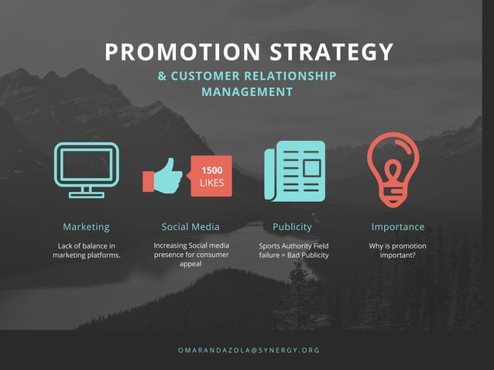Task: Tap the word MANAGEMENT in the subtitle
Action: pos(247,91)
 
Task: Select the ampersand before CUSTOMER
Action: pos(162,76)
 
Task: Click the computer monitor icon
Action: pos(86,170)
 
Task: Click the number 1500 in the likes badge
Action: pos(211,170)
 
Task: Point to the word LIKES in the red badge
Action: pos(211,183)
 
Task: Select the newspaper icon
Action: pos(294,171)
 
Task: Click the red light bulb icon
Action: pos(393,170)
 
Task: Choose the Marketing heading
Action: pos(86,227)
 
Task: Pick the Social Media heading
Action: pos(190,227)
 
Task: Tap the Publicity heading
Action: pos(292,227)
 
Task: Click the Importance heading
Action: pos(398,227)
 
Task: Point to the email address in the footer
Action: pos(249,350)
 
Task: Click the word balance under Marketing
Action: pos(91,246)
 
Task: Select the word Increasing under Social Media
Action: pos(170,245)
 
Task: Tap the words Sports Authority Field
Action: pos(293,246)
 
